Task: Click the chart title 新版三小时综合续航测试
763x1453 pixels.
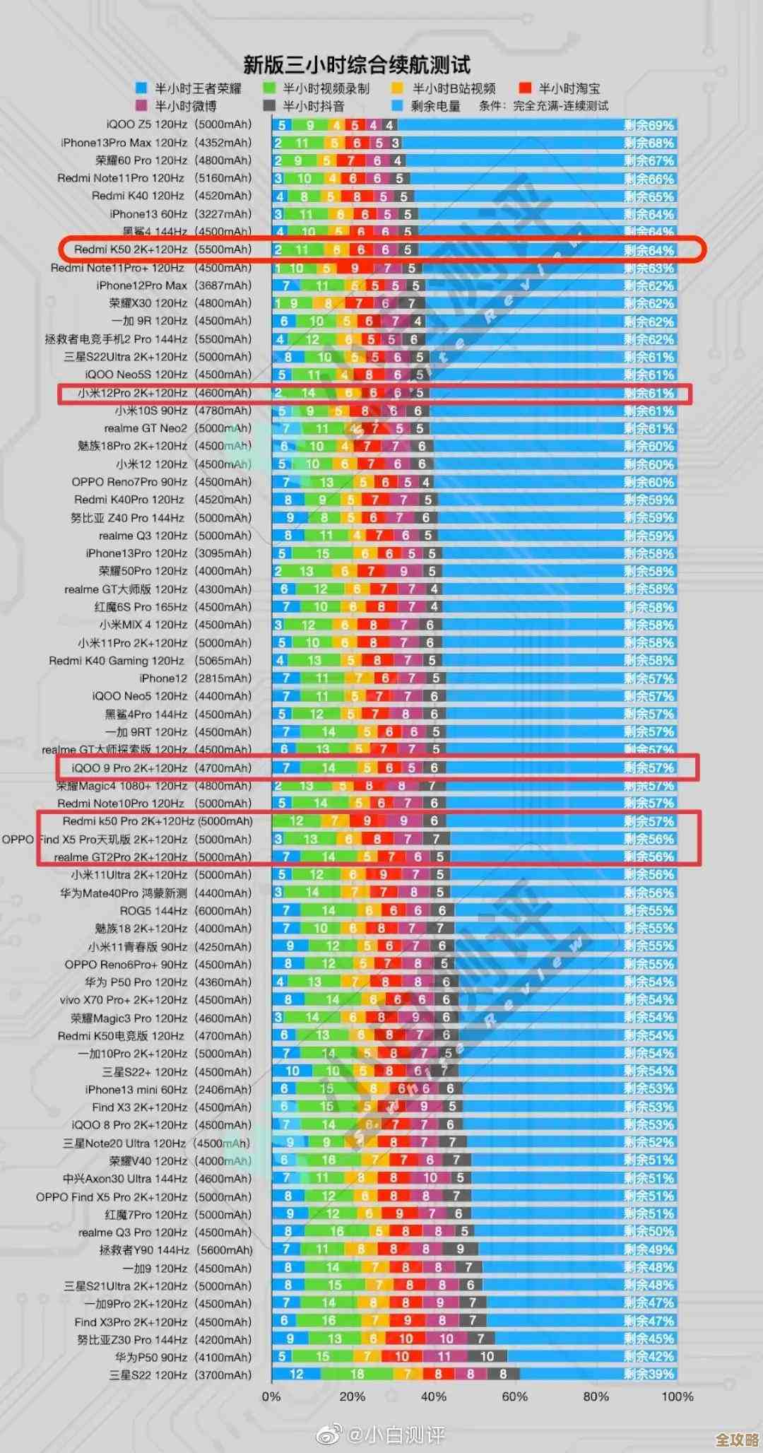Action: tap(356, 65)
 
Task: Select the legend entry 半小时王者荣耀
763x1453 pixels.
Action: tap(189, 88)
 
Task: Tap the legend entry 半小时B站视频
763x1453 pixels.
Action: tap(444, 88)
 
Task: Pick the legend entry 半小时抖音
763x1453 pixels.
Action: tap(304, 106)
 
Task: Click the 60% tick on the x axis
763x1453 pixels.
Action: tap(514, 1396)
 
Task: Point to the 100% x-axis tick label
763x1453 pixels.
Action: tap(677, 1396)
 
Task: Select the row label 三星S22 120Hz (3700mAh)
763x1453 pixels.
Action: tap(180, 1375)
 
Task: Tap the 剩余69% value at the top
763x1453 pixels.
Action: tap(649, 125)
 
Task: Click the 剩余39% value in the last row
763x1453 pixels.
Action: tap(649, 1374)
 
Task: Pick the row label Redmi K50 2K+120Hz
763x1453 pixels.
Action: tap(162, 249)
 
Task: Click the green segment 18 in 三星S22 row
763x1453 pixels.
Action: tap(357, 1374)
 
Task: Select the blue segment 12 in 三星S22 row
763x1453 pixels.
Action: tap(296, 1374)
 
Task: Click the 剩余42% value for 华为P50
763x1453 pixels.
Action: tap(649, 1356)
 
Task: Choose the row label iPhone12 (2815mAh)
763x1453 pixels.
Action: tap(195, 678)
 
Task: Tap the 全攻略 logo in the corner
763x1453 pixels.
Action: tap(737, 1440)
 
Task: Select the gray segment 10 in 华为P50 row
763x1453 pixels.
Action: tap(487, 1356)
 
